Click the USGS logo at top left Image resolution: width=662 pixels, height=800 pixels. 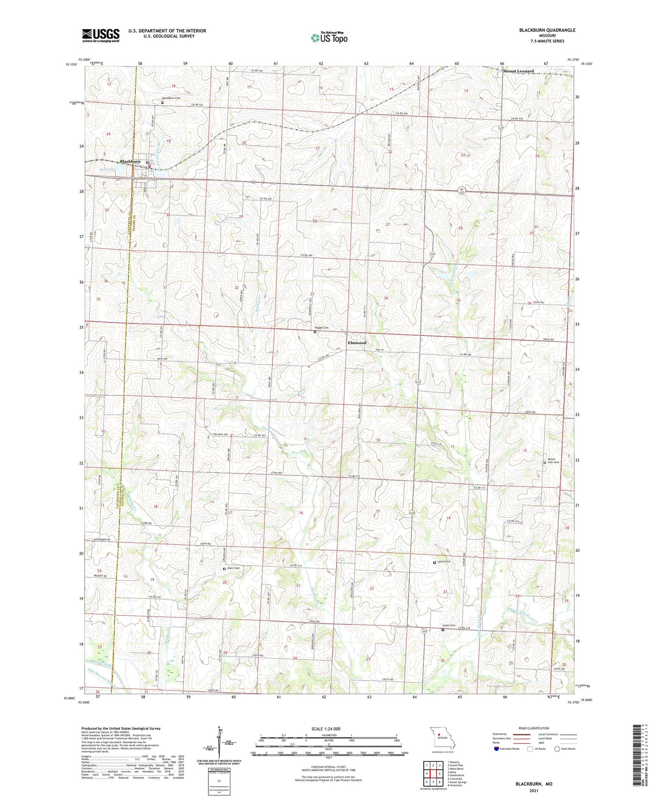pyautogui.click(x=100, y=35)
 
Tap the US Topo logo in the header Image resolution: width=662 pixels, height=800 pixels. pyautogui.click(x=329, y=37)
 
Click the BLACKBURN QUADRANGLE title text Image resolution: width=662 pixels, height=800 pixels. pyautogui.click(x=547, y=30)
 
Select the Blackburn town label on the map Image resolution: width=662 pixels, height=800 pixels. pyautogui.click(x=130, y=161)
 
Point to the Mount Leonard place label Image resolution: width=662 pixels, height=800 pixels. pyautogui.click(x=518, y=71)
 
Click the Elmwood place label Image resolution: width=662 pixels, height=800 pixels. pyautogui.click(x=357, y=343)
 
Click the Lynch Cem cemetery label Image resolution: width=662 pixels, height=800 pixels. pyautogui.click(x=444, y=562)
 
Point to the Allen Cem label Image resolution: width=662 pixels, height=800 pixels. pyautogui.click(x=234, y=568)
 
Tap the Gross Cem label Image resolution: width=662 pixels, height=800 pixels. pyautogui.click(x=449, y=625)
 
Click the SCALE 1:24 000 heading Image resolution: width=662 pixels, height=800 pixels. pyautogui.click(x=328, y=729)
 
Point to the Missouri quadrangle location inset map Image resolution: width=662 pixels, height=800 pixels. pyautogui.click(x=442, y=739)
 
